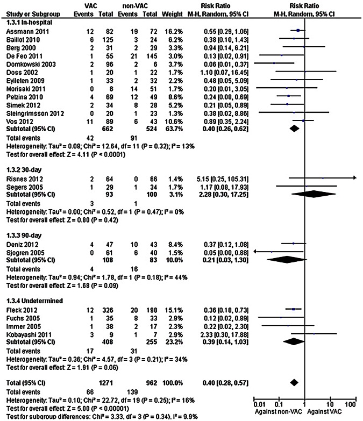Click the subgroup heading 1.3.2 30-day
(x=22, y=169)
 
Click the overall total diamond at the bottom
(x=294, y=382)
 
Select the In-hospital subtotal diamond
(x=294, y=129)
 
